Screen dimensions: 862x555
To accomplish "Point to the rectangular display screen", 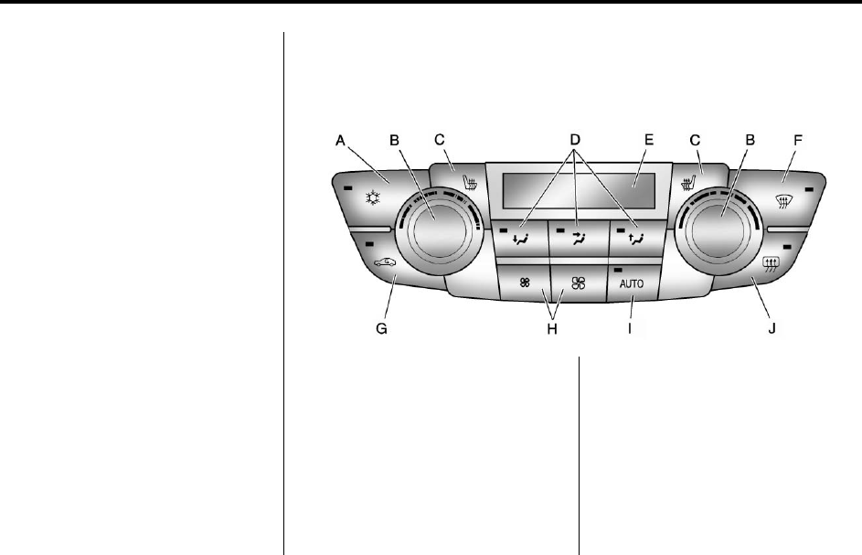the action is (x=576, y=191).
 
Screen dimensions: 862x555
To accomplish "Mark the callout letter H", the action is (x=551, y=329).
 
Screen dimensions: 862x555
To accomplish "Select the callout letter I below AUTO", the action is (x=630, y=329).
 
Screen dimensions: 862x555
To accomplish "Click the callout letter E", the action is (x=649, y=140).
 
